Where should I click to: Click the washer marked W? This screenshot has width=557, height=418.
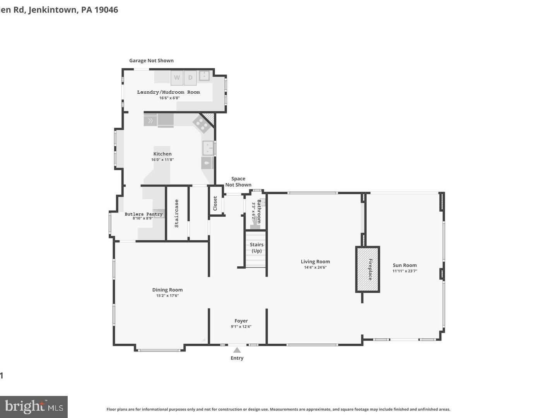(177, 77)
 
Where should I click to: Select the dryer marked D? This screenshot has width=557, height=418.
(190, 77)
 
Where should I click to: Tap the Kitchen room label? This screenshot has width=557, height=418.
(162, 154)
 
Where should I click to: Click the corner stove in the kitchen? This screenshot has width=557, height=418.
(201, 124)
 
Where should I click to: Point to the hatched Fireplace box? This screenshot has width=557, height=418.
(368, 269)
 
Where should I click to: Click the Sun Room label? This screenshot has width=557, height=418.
(405, 265)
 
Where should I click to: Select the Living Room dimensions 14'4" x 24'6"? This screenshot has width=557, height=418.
(315, 267)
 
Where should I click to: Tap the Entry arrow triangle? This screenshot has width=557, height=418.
(237, 350)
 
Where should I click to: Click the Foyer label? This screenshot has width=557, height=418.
(241, 320)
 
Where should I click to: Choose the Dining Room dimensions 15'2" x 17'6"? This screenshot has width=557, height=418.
(167, 296)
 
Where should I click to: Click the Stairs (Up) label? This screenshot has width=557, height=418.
(256, 248)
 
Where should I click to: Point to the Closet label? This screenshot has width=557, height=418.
(215, 204)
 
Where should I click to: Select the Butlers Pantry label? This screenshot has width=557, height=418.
(144, 214)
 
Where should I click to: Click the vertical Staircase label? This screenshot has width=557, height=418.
(177, 213)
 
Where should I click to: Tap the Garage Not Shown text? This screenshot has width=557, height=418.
(151, 60)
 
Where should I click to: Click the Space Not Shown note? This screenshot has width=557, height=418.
(238, 182)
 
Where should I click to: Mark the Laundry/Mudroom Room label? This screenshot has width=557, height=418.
(169, 92)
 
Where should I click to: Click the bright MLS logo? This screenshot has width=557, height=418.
(34, 406)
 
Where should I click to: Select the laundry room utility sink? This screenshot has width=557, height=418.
(204, 75)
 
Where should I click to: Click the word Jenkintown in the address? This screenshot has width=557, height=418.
(53, 10)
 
